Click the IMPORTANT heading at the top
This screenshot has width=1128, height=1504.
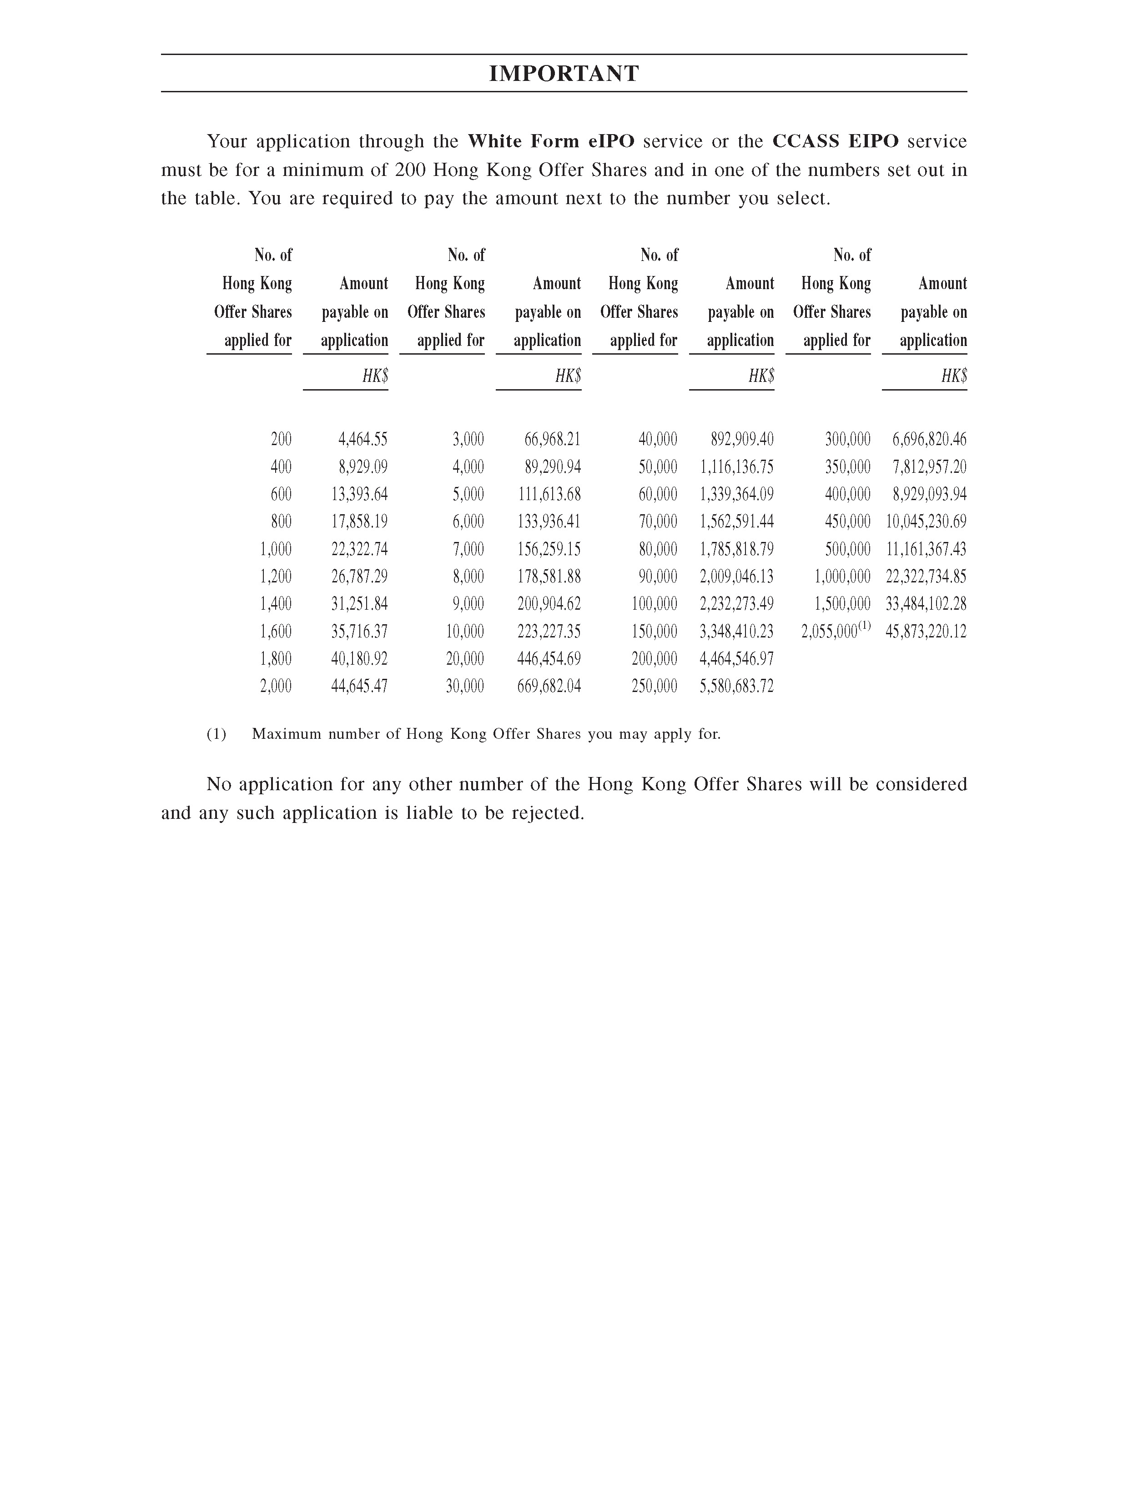pos(564,74)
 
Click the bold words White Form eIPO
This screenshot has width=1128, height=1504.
pos(551,141)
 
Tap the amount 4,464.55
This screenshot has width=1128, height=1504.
pos(363,439)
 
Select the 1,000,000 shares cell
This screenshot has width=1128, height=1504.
pos(842,577)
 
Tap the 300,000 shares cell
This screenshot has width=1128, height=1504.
pos(848,439)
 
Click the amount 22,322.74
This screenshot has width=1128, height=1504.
pos(359,549)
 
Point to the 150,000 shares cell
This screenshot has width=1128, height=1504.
pos(655,632)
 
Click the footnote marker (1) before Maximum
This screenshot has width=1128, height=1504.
pos(217,734)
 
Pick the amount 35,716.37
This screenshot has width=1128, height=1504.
pos(359,632)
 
